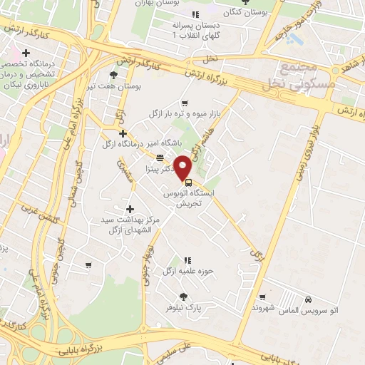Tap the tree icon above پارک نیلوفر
coord(183,297)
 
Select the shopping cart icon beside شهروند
coord(262,295)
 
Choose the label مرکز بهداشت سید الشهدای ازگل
coord(129,225)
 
